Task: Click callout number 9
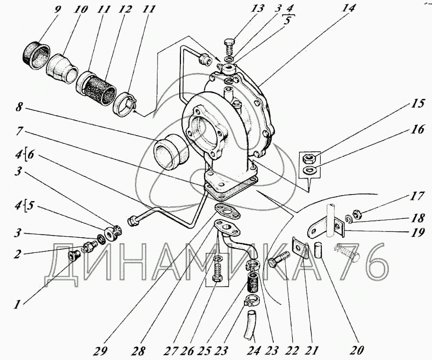pyautogui.click(x=57, y=10)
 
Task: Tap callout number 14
pyautogui.click(x=348, y=8)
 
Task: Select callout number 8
pyautogui.click(x=19, y=107)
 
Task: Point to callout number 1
pyautogui.click(x=17, y=304)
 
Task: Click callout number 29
pyautogui.click(x=100, y=351)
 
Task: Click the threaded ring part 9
pyautogui.click(x=36, y=55)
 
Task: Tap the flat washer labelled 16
pyautogui.click(x=309, y=170)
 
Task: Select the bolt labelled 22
pyautogui.click(x=278, y=258)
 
